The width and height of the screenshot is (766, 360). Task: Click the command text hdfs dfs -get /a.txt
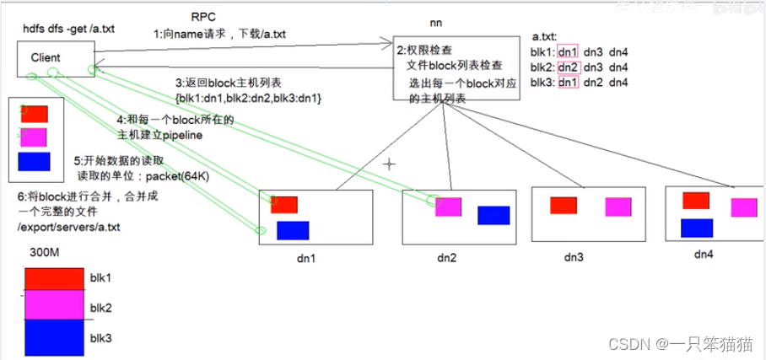click(x=68, y=29)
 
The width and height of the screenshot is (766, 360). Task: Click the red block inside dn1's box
click(x=284, y=204)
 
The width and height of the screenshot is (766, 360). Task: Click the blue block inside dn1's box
click(x=293, y=230)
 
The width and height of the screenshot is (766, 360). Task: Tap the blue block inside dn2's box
click(x=494, y=215)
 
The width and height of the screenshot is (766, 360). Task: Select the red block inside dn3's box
click(x=563, y=205)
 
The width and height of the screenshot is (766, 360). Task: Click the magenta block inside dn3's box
click(x=618, y=207)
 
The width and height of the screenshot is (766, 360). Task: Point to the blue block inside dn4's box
click(x=697, y=228)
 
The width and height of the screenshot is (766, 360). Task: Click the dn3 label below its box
click(x=573, y=256)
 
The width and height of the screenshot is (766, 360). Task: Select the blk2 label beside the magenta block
click(x=100, y=305)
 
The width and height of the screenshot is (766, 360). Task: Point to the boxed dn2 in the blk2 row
click(x=569, y=67)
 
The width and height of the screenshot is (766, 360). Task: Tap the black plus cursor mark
click(x=389, y=164)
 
